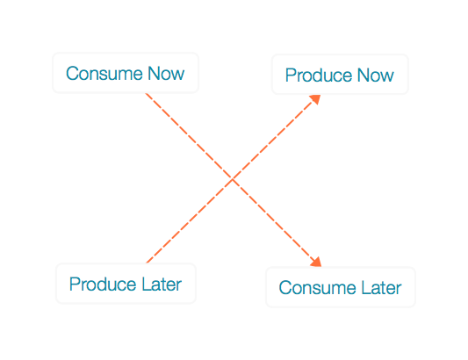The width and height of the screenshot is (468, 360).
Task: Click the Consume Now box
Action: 126,73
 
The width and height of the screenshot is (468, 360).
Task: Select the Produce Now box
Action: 340,75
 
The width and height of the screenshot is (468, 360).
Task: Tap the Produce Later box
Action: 126,284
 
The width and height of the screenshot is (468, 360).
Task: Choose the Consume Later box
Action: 341,287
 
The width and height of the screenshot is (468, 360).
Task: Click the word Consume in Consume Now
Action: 104,74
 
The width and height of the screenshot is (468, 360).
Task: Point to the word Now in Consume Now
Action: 166,74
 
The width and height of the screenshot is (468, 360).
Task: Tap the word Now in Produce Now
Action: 376,75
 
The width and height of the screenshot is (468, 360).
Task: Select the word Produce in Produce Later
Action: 103,284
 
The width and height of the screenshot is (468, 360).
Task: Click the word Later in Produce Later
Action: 162,284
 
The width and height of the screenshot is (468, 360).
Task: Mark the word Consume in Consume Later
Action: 317,287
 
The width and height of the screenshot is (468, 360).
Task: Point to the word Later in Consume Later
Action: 381,287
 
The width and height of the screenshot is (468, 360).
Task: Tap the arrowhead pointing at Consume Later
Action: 316,262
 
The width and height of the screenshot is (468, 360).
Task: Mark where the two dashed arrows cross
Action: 233,179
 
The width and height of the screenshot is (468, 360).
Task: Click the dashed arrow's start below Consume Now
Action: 146,94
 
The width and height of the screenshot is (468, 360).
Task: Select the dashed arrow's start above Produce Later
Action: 147,263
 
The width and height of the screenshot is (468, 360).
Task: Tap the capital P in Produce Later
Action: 75,284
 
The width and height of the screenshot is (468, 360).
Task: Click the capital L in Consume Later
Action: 366,287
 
